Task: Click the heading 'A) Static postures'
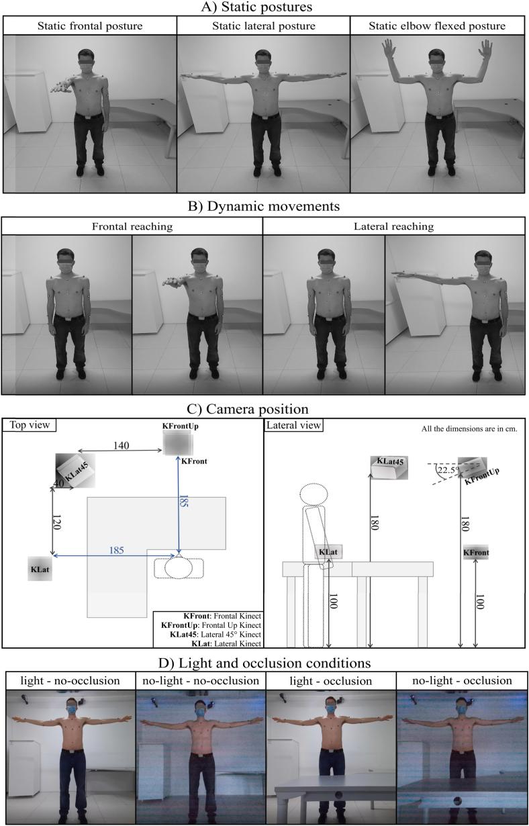(x=264, y=7)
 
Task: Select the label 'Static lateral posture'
(x=263, y=26)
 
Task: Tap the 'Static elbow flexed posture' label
(x=438, y=26)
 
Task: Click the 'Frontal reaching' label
(x=132, y=226)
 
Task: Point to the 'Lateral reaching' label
(x=393, y=226)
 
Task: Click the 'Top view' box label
(x=30, y=424)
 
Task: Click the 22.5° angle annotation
(x=443, y=471)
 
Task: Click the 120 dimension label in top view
(x=57, y=523)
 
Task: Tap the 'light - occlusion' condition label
(x=331, y=680)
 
